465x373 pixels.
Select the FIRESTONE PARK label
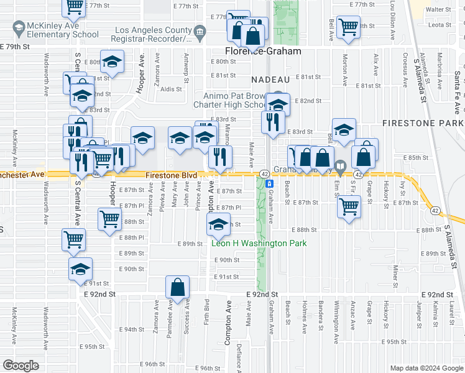(x=421, y=124)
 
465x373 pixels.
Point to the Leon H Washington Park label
(x=260, y=243)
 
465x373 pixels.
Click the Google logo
(x=21, y=366)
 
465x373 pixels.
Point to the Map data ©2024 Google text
(x=426, y=368)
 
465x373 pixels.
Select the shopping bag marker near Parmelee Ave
(x=177, y=287)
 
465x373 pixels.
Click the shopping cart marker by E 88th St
(x=109, y=219)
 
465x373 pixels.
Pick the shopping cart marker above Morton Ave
(x=347, y=26)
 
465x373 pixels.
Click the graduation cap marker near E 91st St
(x=80, y=269)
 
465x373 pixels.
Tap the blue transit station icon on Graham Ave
(x=269, y=184)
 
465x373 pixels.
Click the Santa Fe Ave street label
(x=457, y=84)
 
